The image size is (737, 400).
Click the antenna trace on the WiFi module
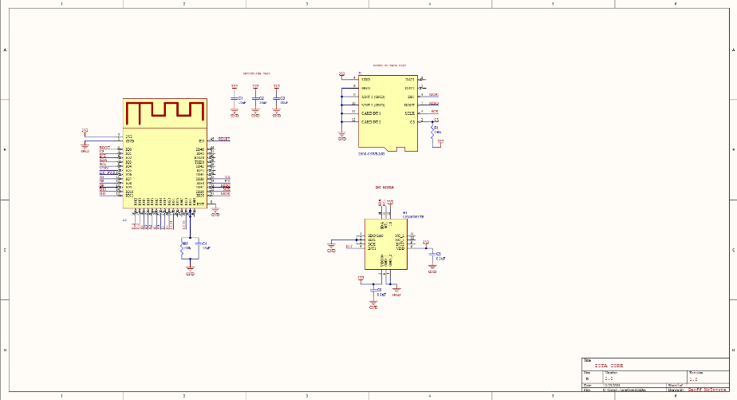click(164, 112)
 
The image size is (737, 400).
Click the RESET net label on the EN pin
click(224, 140)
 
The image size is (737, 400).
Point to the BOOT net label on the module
click(104, 148)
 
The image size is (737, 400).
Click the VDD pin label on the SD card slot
click(366, 80)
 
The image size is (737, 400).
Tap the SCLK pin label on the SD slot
click(409, 113)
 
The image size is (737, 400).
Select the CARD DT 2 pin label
click(371, 122)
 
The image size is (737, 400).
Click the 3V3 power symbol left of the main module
click(85, 129)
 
